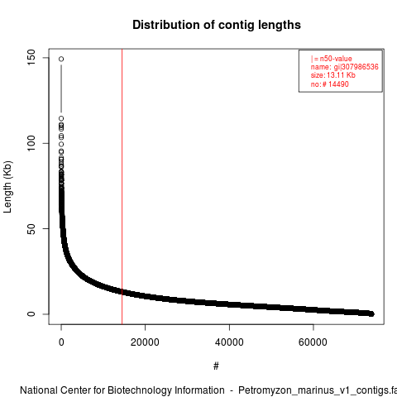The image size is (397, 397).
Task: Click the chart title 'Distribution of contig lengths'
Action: coord(217,25)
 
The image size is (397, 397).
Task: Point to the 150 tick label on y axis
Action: coord(31,58)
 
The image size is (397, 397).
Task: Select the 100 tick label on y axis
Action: coord(31,143)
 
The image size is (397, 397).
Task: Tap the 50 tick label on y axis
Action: coord(31,228)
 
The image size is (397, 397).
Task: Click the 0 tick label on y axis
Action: coord(31,314)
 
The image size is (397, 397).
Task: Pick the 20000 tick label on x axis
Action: coord(145,342)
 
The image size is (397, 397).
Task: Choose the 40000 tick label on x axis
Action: coord(229,342)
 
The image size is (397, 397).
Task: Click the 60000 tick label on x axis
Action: coord(313,342)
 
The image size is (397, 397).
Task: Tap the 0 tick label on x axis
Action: coord(61,342)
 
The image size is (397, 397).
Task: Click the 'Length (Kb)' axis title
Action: coord(7,187)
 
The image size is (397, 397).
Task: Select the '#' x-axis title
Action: coord(216,366)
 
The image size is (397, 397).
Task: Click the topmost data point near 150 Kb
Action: coord(61,59)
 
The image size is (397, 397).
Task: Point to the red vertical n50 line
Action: coord(122,187)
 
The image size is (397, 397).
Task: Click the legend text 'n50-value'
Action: coord(336,59)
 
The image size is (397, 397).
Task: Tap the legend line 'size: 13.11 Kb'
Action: coord(333,75)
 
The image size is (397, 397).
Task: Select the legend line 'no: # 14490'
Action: coord(330,84)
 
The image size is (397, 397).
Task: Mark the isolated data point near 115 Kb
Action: coord(61,118)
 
